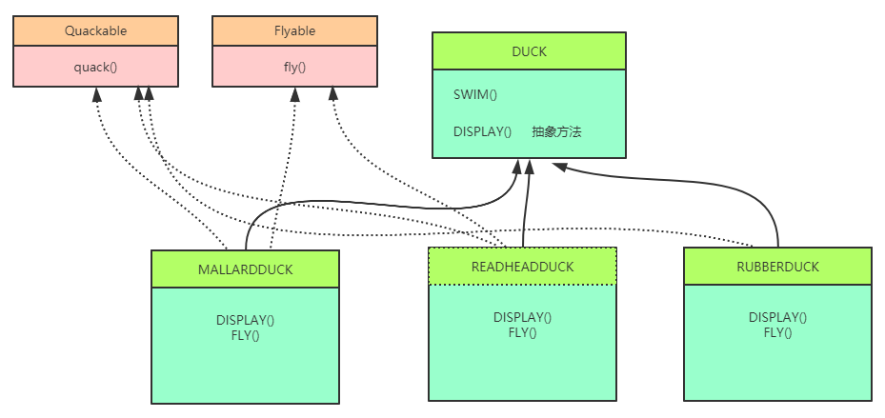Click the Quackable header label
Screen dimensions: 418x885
95,30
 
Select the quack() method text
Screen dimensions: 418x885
95,68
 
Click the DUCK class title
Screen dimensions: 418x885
529,51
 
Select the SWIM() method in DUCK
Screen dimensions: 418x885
475,94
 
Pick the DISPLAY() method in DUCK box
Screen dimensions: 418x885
482,131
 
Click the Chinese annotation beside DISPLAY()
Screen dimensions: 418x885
556,131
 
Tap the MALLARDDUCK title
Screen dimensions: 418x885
245,269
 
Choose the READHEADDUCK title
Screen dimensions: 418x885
522,267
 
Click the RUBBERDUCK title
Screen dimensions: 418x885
777,267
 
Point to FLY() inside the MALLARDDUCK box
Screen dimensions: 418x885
245,335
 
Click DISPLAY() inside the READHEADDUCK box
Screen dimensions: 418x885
522,317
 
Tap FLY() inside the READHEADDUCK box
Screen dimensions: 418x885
522,332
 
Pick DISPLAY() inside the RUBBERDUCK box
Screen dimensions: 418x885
777,317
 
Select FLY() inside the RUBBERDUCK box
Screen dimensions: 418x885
777,332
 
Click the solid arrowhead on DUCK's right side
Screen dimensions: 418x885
560,167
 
